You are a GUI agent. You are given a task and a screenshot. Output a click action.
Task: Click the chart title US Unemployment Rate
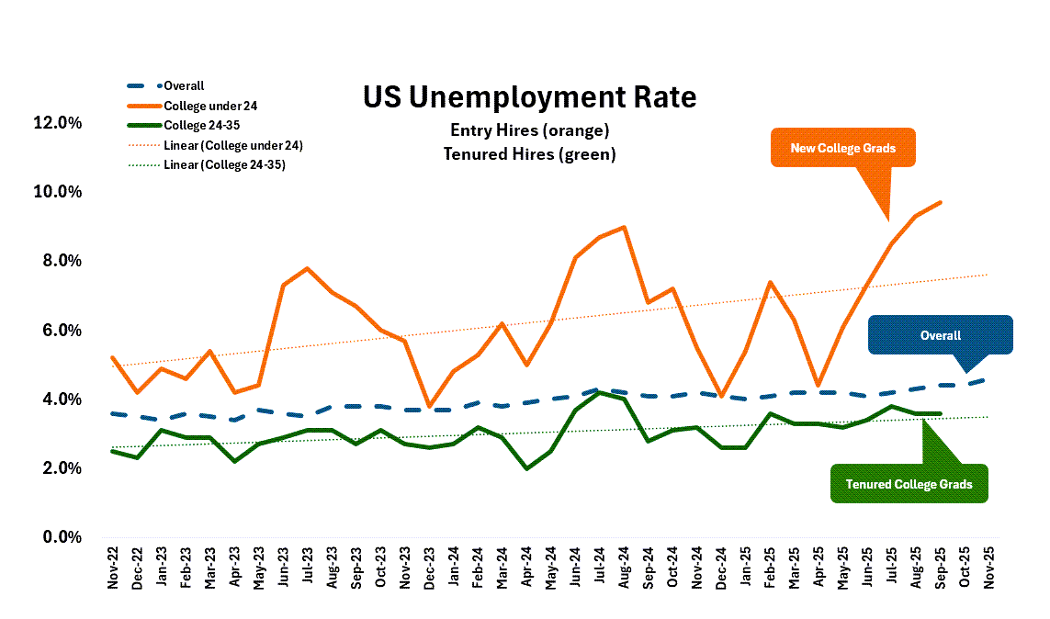[529, 96]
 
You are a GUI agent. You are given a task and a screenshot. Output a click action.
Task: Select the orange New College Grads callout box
[843, 148]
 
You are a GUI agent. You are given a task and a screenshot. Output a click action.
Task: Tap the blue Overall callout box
[940, 335]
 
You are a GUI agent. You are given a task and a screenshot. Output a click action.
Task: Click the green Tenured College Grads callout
[908, 484]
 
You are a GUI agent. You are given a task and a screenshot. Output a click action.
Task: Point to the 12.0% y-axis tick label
[58, 123]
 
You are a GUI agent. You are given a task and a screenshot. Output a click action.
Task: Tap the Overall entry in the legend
[184, 85]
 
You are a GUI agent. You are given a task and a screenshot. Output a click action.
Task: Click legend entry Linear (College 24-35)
[232, 164]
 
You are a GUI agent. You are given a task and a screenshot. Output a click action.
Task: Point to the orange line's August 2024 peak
[624, 227]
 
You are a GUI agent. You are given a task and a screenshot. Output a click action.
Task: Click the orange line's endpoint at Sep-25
[939, 202]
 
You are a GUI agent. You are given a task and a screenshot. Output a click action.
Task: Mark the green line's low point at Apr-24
[525, 468]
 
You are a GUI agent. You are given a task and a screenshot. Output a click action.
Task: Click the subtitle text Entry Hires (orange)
[529, 130]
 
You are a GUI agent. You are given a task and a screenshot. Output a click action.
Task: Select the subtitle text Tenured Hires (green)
[529, 154]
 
